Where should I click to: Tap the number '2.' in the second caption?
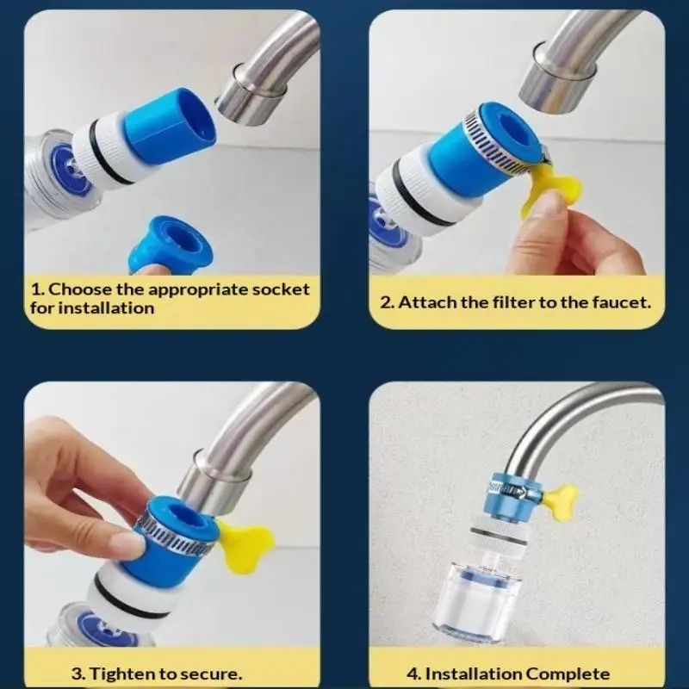[x=386, y=302]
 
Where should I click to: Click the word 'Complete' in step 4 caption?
[x=568, y=673]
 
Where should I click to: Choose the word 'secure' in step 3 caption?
[x=211, y=673]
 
